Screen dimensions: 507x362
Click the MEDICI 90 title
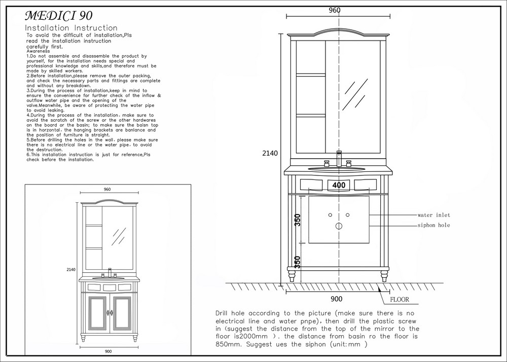click(x=59, y=16)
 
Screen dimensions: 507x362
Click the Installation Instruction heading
click(x=71, y=28)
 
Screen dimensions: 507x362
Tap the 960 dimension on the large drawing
click(x=335, y=10)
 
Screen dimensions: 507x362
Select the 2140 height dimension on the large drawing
click(x=270, y=153)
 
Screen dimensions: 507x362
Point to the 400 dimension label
click(x=339, y=185)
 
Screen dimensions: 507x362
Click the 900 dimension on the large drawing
click(x=337, y=299)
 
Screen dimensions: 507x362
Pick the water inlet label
click(x=433, y=215)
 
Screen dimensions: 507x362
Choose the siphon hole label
click(x=433, y=225)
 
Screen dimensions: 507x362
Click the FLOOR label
click(x=400, y=300)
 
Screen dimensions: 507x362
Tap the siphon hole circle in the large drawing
click(x=339, y=226)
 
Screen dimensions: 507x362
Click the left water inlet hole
click(x=330, y=215)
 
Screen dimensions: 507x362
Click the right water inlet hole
click(x=348, y=215)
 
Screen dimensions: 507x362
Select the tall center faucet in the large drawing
click(x=339, y=159)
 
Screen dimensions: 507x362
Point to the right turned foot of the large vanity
click(x=384, y=276)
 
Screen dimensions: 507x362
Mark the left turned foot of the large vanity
click(x=292, y=276)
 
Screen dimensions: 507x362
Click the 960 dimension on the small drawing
click(x=107, y=190)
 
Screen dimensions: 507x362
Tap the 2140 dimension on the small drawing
click(x=71, y=270)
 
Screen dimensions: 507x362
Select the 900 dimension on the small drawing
click(x=108, y=351)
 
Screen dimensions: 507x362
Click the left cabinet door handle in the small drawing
click(x=107, y=312)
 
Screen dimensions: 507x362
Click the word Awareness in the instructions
click(x=38, y=51)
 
